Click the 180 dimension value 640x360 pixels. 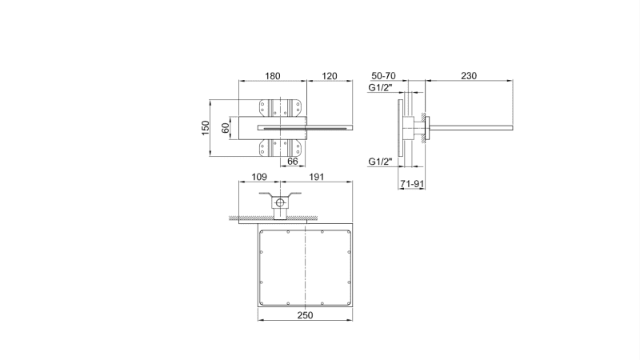(273, 76)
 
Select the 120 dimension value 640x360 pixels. (330, 76)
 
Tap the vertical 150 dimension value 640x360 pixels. (206, 127)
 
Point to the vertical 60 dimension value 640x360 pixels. (226, 127)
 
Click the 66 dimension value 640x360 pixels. (293, 162)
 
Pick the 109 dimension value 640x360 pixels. (258, 177)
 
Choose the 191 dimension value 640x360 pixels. (318, 177)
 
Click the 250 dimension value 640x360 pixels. (305, 316)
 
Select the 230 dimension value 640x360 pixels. (469, 76)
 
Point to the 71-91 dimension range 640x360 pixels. (411, 185)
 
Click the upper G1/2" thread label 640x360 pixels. (380, 87)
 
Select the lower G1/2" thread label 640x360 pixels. (380, 162)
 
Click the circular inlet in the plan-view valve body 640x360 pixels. (281, 203)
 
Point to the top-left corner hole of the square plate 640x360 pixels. (264, 234)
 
